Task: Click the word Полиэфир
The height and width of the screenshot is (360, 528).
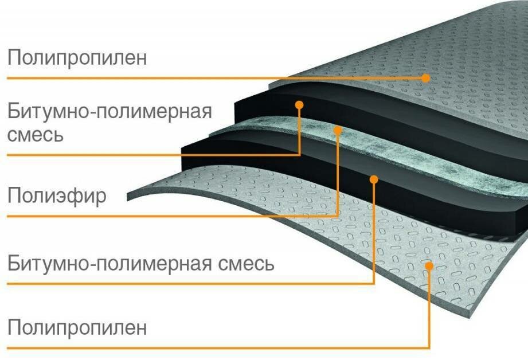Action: [57, 196]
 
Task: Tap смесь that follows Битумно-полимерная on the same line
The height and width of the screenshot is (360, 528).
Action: [247, 265]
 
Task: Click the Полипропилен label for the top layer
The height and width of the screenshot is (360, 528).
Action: [77, 58]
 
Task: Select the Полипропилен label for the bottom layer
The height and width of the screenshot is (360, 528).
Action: [77, 328]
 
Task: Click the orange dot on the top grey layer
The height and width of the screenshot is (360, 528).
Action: [425, 77]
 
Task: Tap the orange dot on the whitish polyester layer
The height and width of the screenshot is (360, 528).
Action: [338, 130]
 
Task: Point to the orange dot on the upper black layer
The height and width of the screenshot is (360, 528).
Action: [299, 104]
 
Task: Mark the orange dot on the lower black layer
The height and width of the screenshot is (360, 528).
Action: [374, 179]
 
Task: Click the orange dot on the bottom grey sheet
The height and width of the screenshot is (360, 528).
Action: [429, 265]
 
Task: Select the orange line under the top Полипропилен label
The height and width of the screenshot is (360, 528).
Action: [172, 77]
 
